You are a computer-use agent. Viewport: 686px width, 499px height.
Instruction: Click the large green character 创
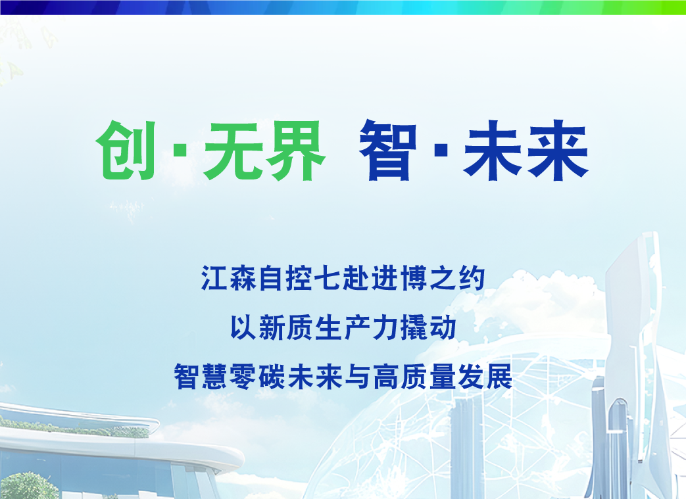click(126, 151)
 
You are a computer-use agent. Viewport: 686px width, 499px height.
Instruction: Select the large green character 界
click(296, 151)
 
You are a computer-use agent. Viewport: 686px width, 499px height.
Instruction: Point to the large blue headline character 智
click(387, 151)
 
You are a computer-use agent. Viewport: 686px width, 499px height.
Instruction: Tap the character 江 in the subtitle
click(214, 277)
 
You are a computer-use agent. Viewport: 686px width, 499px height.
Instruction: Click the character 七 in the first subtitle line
click(328, 277)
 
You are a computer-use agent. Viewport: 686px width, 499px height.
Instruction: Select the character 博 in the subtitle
click(414, 277)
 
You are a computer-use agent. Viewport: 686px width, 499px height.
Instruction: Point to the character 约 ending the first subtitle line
click(471, 277)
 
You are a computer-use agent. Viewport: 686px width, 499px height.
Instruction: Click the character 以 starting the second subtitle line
click(243, 327)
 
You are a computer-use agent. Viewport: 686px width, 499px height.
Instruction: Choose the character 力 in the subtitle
click(385, 327)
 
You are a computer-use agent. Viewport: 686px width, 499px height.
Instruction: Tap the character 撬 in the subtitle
click(414, 327)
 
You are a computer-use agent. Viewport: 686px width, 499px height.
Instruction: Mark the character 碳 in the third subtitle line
click(272, 377)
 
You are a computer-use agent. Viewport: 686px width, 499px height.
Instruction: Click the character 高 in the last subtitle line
click(386, 377)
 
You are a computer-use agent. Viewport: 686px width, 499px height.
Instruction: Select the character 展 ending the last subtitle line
click(499, 377)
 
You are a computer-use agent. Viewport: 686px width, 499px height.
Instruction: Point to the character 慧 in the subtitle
click(215, 377)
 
